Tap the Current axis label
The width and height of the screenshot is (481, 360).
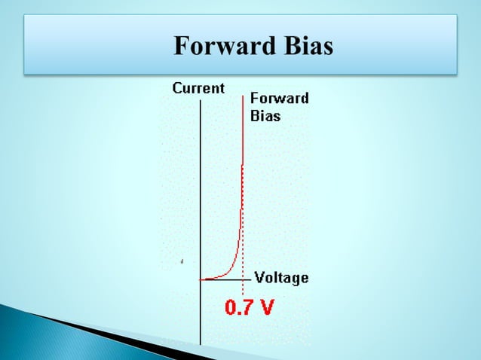coord(198,88)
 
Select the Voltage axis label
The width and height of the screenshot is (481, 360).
coord(281,278)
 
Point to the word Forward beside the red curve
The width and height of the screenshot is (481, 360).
coord(279,99)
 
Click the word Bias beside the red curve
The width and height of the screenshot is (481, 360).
coord(265,116)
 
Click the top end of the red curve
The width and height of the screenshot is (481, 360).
coord(243,95)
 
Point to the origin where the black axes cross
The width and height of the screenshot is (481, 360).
coord(201,279)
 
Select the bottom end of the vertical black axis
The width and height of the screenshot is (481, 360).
coord(201,343)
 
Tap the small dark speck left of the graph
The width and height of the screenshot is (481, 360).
coord(182,261)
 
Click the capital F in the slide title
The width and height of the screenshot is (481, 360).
coord(181,47)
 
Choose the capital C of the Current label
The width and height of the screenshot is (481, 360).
coord(177,88)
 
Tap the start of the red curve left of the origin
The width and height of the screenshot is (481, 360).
coord(201,279)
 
